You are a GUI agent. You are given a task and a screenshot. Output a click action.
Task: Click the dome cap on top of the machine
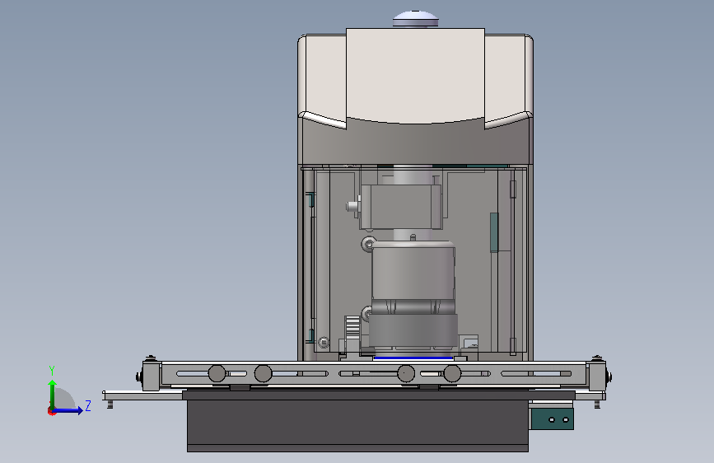pyautogui.click(x=415, y=19)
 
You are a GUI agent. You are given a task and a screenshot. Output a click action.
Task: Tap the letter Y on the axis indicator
pyautogui.click(x=52, y=370)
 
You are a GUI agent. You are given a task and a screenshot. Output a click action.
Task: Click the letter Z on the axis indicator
pyautogui.click(x=88, y=405)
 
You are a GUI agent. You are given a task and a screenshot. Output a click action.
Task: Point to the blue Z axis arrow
pyautogui.click(x=68, y=410)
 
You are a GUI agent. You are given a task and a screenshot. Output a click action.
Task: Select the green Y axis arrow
pyautogui.click(x=53, y=395)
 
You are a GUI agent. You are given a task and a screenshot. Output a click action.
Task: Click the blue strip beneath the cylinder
pyautogui.click(x=413, y=358)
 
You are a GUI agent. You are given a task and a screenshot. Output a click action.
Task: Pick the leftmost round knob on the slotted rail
pyautogui.click(x=217, y=374)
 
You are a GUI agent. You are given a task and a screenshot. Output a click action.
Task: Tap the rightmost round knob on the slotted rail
pyautogui.click(x=452, y=374)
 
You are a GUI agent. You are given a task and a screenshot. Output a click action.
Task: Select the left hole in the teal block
pyautogui.click(x=552, y=419)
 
